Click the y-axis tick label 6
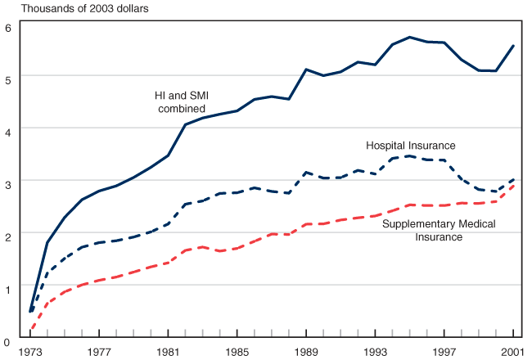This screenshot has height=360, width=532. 7,27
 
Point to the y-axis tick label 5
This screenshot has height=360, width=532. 7,79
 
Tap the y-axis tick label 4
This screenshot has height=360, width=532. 7,131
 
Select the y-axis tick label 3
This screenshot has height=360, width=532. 7,183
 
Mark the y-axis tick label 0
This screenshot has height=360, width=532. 7,339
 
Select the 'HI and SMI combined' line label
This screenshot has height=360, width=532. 181,102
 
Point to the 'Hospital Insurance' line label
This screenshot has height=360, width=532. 410,146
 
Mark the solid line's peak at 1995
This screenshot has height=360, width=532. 409,37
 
